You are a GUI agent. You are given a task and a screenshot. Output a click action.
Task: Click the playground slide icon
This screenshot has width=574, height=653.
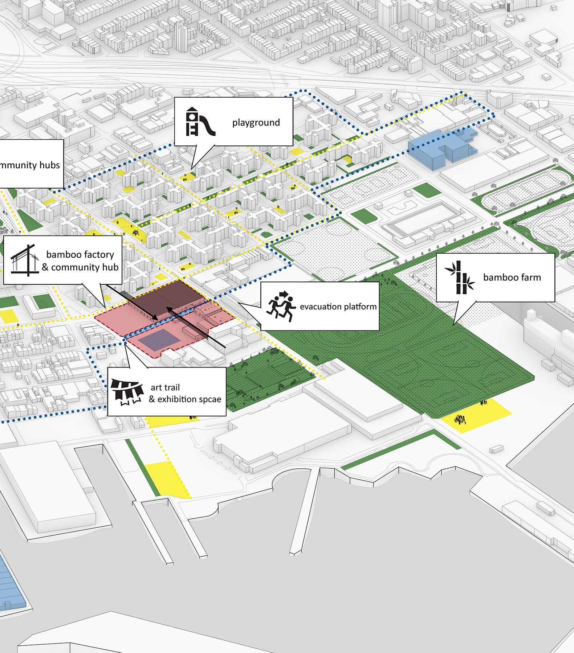click(x=200, y=122)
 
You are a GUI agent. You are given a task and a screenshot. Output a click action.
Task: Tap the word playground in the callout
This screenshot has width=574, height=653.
click(x=256, y=123)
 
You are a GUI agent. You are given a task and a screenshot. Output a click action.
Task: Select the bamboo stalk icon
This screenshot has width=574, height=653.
click(x=459, y=277)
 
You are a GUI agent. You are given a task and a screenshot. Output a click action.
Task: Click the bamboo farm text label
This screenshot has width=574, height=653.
click(x=512, y=278)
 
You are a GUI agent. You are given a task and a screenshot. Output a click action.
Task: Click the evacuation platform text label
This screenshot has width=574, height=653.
click(x=338, y=307)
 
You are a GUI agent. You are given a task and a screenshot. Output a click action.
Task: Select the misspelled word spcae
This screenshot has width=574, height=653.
click(x=209, y=399)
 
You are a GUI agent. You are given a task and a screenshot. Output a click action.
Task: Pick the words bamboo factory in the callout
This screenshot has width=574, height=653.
click(x=80, y=254)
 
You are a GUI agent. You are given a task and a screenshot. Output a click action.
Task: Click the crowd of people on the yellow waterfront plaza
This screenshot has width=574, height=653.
click(x=460, y=419)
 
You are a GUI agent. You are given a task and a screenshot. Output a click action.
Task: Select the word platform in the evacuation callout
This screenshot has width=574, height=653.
click(x=359, y=307)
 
